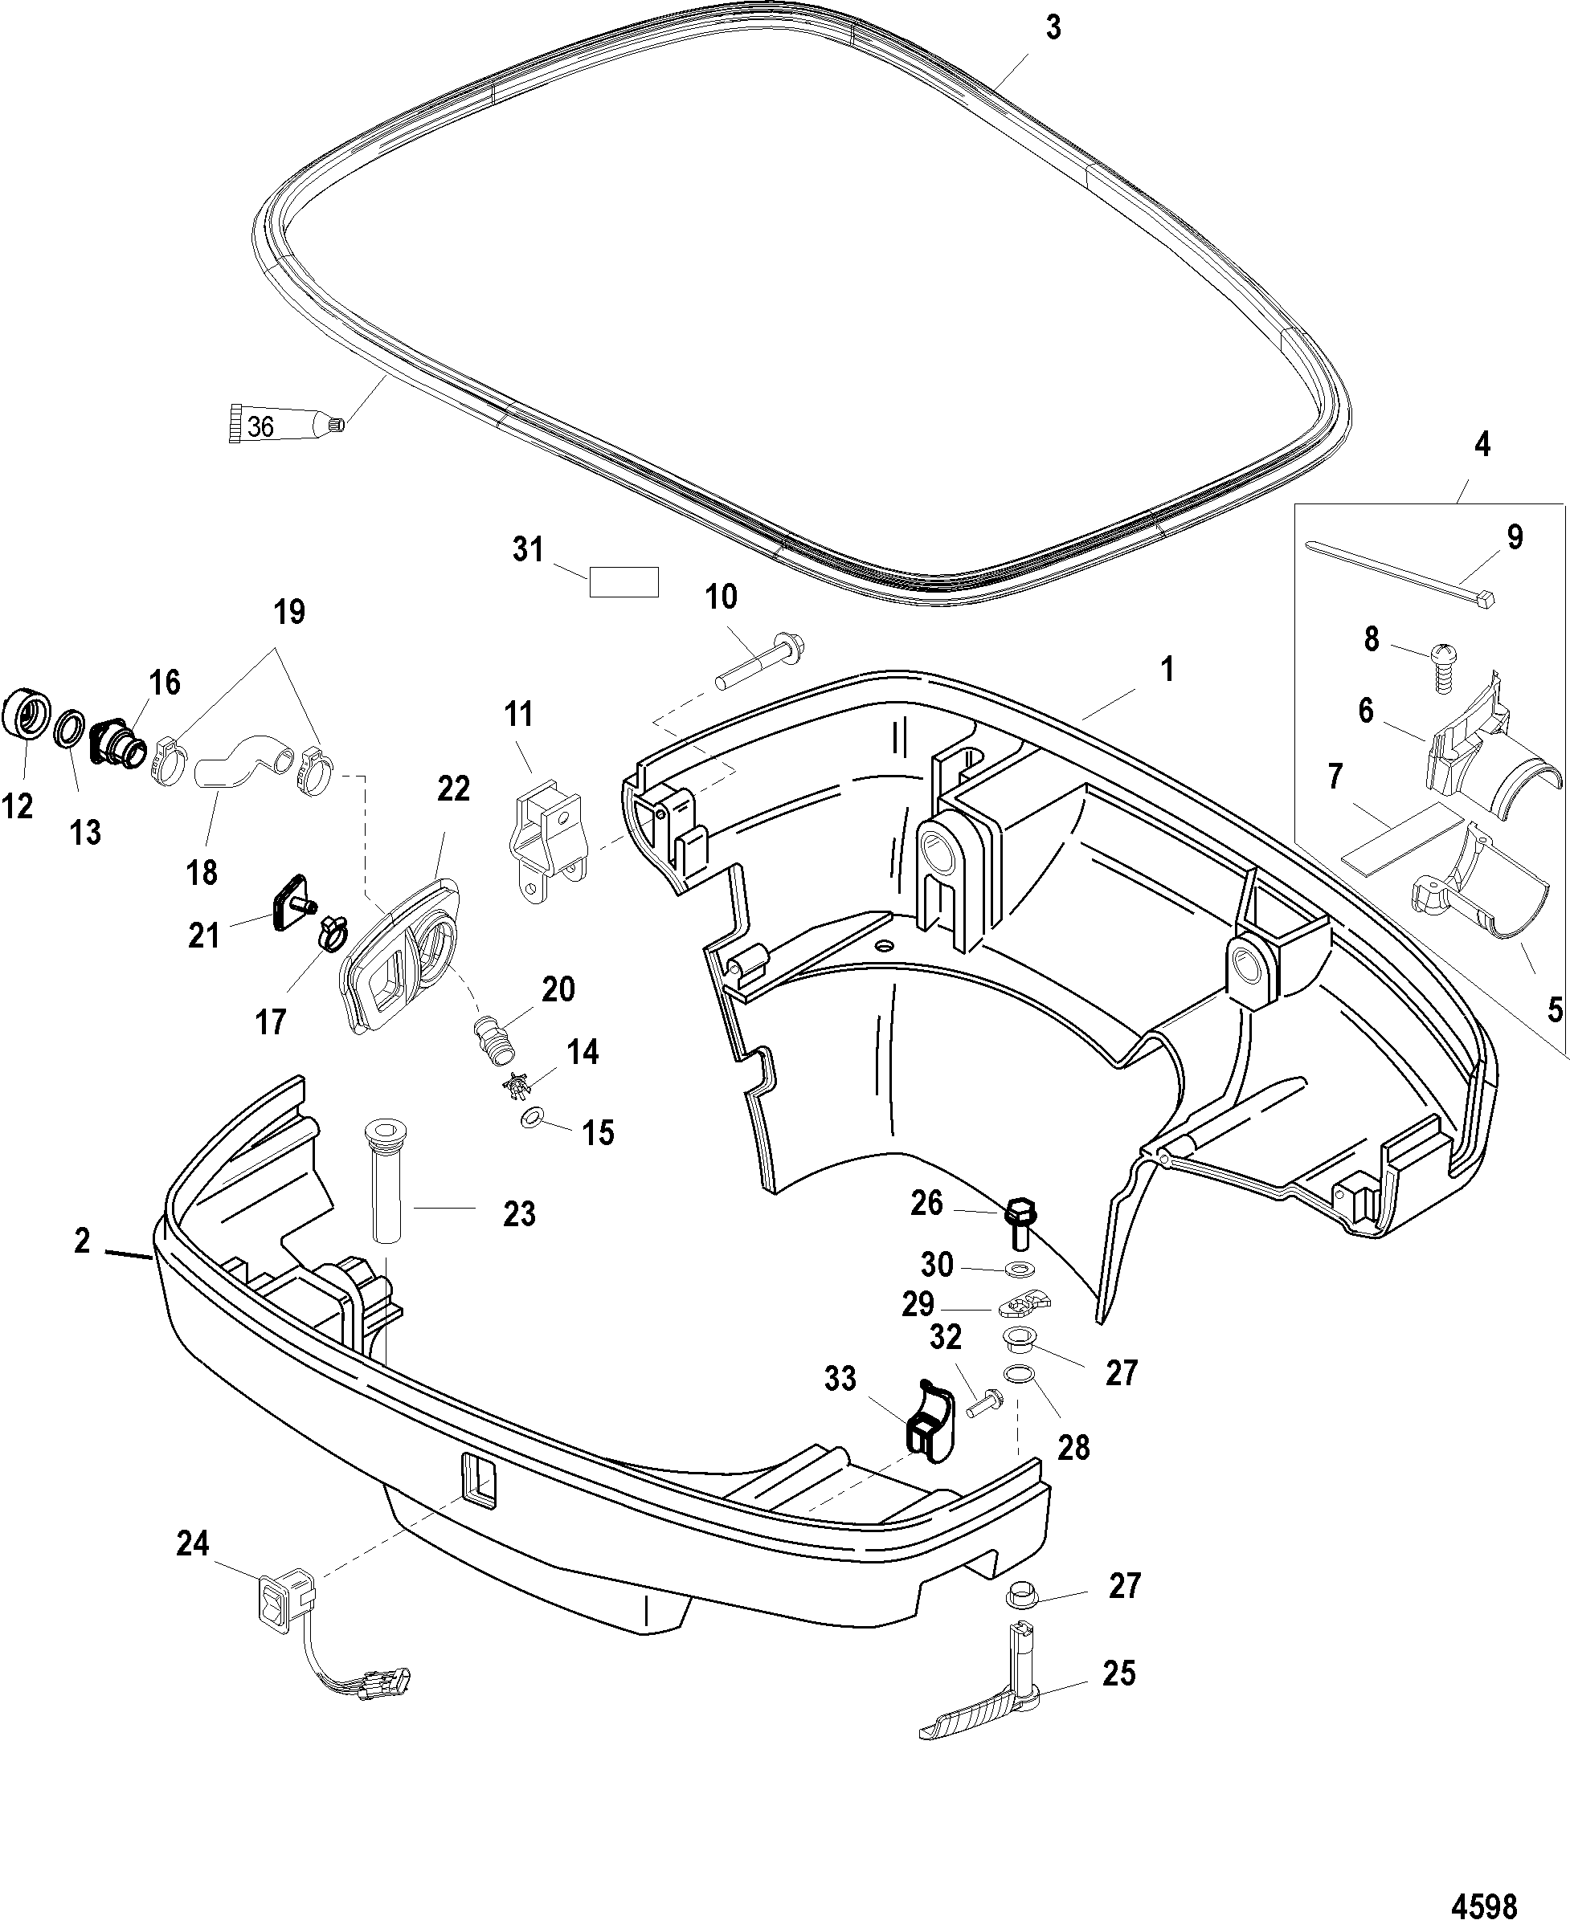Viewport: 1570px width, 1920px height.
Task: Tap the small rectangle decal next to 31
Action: tap(624, 582)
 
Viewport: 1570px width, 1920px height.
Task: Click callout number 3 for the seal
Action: tap(1052, 28)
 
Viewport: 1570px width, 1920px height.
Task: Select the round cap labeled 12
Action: tap(27, 715)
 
